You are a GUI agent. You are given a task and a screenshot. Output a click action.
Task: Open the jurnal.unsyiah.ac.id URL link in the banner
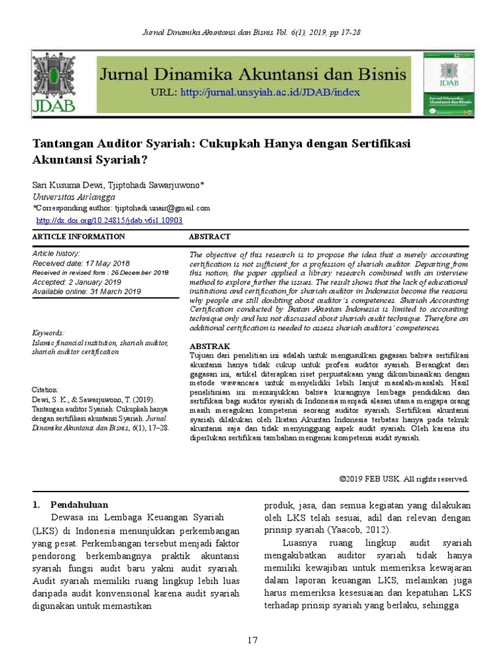point(270,92)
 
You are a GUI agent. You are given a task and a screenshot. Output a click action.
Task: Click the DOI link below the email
point(109,221)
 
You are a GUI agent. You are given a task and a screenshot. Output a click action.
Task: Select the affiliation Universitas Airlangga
point(73,197)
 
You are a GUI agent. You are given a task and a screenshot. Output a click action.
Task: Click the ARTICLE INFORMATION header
point(78,236)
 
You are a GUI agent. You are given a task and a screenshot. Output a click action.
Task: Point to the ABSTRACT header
point(209,236)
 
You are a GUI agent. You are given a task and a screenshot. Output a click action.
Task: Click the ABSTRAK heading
point(209,346)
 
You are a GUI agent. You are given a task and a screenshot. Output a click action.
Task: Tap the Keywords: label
point(48,333)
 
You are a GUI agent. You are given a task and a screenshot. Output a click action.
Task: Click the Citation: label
point(45,389)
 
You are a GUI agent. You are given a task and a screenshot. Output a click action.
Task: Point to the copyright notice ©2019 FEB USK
point(403,479)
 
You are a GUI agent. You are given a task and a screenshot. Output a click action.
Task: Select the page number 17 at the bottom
point(252,640)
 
